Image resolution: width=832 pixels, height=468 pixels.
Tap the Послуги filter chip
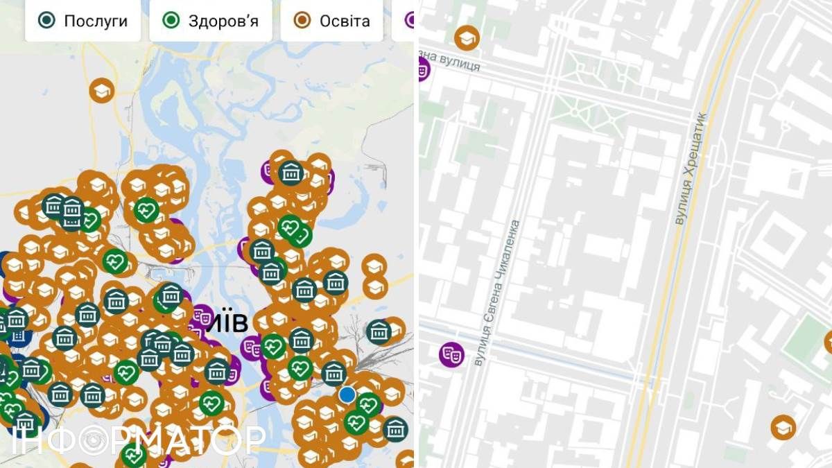tap(83, 20)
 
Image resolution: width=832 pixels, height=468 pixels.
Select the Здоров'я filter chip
tap(211, 20)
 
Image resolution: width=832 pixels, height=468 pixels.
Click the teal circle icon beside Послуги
tap(47, 20)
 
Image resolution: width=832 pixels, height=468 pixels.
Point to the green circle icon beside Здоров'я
tap(171, 20)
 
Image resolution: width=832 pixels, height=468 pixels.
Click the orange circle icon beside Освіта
tap(302, 20)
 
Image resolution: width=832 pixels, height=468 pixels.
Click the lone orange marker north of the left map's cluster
tap(102, 90)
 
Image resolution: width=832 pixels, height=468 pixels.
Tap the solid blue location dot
tap(347, 395)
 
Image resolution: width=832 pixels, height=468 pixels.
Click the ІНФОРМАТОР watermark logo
tap(139, 440)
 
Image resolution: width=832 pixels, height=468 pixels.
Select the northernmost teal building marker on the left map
tap(291, 172)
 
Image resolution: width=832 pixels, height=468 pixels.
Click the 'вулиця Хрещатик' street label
tap(691, 168)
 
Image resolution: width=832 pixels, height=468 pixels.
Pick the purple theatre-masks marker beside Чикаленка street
tap(451, 354)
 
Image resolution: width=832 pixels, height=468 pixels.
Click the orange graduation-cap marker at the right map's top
tap(467, 37)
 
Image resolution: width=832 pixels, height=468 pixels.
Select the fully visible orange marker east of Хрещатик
tap(783, 428)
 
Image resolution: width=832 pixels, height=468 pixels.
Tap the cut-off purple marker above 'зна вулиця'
tap(422, 69)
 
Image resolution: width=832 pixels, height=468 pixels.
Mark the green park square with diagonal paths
tap(589, 112)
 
